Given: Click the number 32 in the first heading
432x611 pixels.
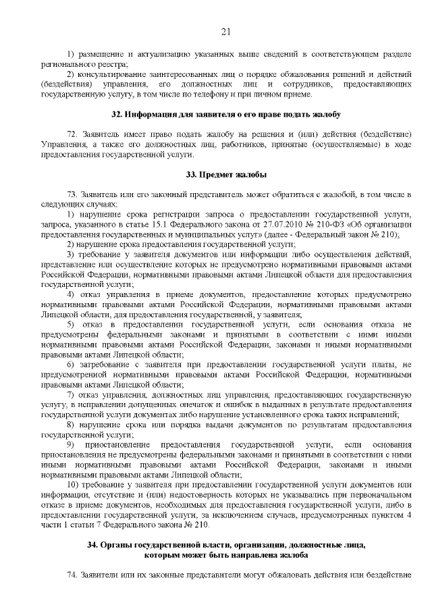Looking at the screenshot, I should [x=116, y=115].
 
